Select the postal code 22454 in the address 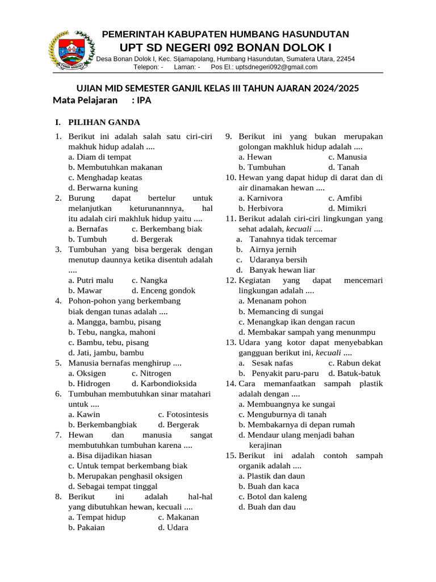click(x=345, y=59)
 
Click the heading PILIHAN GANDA click(x=104, y=122)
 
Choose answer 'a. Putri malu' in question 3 click(x=91, y=280)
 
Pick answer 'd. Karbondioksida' click(x=164, y=384)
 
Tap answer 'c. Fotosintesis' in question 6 click(x=183, y=414)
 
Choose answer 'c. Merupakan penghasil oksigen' click(x=125, y=476)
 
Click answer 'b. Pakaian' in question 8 click(x=86, y=527)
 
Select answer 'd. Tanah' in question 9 click(x=343, y=167)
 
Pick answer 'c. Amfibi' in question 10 click(x=345, y=198)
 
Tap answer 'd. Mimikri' click(x=347, y=208)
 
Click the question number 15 click(x=230, y=455)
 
